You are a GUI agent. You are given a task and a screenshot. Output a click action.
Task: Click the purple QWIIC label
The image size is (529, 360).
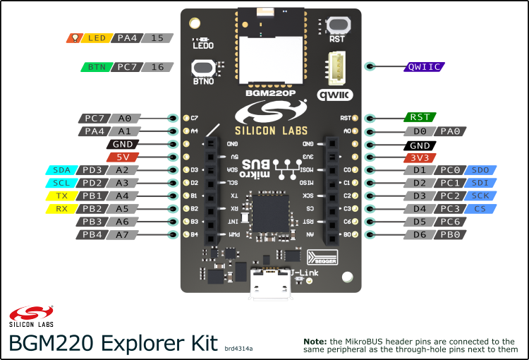pyautogui.click(x=424, y=67)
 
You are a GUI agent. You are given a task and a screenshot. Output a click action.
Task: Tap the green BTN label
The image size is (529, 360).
pyautogui.click(x=95, y=67)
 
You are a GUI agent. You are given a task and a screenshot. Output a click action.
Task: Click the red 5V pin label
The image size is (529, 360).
pyautogui.click(x=124, y=157)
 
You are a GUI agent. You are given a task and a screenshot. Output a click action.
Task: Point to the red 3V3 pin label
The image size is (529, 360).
pyautogui.click(x=420, y=157)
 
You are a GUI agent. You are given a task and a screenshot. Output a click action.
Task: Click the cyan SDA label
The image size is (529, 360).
pyautogui.click(x=61, y=170)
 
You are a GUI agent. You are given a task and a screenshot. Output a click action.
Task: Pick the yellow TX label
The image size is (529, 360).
pyautogui.click(x=61, y=196)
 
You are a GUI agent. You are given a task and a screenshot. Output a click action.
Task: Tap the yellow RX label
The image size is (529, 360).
pyautogui.click(x=61, y=208)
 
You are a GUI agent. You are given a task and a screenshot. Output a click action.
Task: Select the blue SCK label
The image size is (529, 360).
pyautogui.click(x=480, y=196)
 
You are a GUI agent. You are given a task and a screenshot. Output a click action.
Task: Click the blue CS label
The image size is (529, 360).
pyautogui.click(x=480, y=208)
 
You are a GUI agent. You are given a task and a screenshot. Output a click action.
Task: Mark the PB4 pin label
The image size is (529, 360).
pyautogui.click(x=92, y=234)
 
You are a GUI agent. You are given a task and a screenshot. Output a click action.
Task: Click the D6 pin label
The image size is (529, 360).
pyautogui.click(x=420, y=234)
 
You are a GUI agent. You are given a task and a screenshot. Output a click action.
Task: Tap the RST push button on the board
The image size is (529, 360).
pyautogui.click(x=337, y=25)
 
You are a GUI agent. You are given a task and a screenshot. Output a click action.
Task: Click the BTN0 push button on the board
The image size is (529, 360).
pyautogui.click(x=203, y=68)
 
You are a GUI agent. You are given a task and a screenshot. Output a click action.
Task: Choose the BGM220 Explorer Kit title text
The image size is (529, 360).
pyautogui.click(x=113, y=343)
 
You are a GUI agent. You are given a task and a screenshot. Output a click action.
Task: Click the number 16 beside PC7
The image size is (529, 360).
pyautogui.click(x=157, y=67)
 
